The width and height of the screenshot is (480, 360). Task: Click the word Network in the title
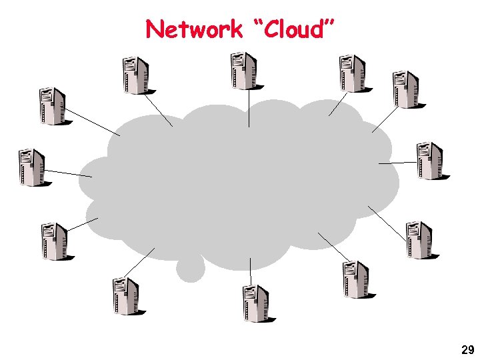tap(194, 29)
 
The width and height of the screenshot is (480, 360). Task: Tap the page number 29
tap(467, 350)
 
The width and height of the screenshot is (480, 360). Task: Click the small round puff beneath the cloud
tap(191, 268)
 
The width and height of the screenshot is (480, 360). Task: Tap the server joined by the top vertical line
tap(244, 71)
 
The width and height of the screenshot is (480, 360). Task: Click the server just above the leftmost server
tap(52, 105)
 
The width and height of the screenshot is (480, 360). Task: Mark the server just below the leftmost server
tap(54, 241)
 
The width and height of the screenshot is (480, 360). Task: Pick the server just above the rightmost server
tap(405, 89)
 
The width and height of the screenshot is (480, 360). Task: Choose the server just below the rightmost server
tap(419, 239)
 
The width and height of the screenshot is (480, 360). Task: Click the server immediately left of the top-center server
tap(135, 75)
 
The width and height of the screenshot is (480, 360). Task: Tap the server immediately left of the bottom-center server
tap(125, 296)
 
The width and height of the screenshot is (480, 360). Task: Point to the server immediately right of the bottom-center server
tap(355, 279)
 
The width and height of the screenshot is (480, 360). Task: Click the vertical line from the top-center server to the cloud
tap(249, 108)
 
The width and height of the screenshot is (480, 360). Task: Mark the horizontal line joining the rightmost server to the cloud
tap(397, 162)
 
